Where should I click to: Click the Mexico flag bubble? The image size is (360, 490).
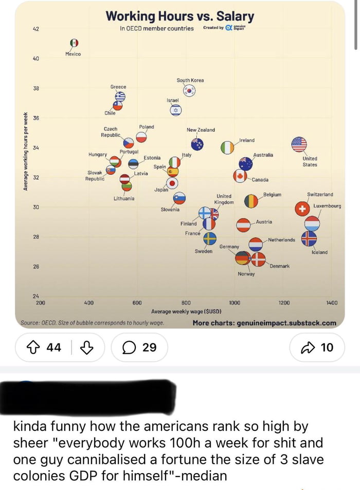74,43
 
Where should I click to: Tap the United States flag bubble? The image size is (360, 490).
299,145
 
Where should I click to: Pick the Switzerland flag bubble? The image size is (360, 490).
302,209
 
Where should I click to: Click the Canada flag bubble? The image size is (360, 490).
240,177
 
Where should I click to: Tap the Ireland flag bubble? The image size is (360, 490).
227,147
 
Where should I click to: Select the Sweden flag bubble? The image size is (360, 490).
210,238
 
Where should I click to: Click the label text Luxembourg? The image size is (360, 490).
327,206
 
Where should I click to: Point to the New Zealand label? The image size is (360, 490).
201,130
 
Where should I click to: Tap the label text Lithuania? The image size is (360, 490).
124,198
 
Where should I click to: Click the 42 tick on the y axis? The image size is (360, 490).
36,29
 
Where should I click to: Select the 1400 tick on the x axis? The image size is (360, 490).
332,303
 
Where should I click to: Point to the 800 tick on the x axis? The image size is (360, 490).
186,303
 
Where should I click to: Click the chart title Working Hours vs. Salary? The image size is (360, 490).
179,16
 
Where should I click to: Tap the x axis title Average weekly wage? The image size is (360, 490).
186,311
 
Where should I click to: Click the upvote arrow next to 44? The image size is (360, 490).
34,347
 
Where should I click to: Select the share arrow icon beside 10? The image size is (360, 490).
307,347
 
